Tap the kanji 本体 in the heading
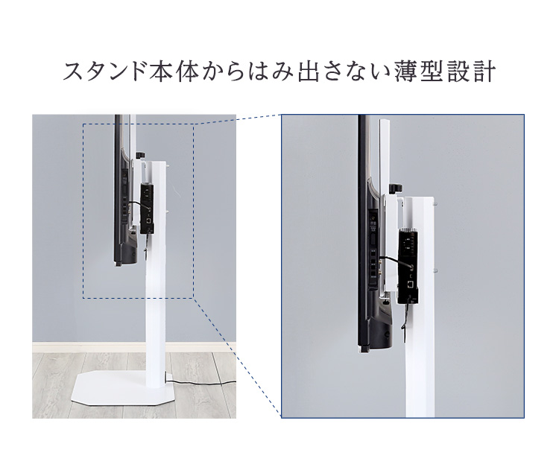click(174, 72)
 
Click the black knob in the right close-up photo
click(395, 188)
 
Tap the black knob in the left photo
click(141, 155)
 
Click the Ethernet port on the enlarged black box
click(411, 284)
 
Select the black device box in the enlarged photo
click(408, 266)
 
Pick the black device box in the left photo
click(148, 209)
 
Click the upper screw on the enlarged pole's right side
click(435, 204)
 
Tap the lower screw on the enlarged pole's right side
click(435, 270)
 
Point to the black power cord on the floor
click(201, 384)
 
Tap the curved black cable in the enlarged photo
click(397, 260)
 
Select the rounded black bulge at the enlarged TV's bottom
click(382, 332)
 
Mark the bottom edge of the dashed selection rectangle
click(139, 298)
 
